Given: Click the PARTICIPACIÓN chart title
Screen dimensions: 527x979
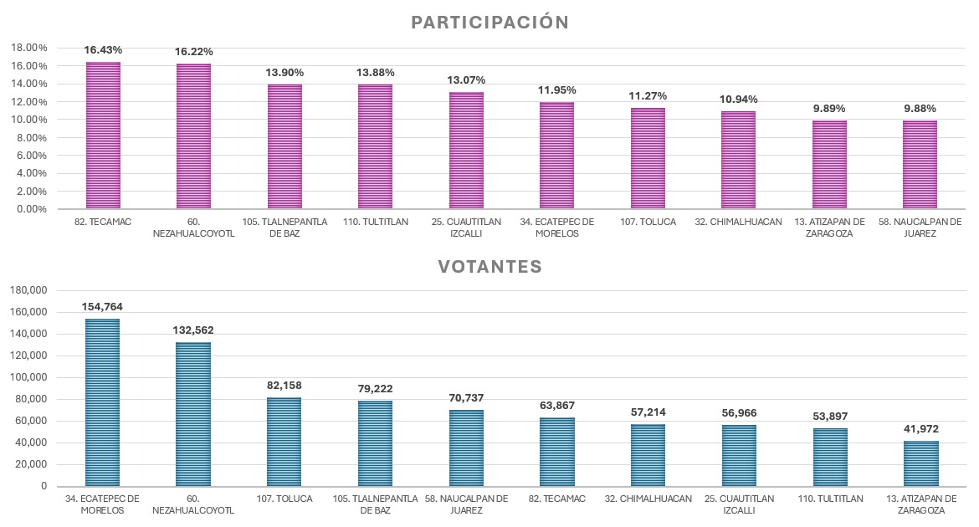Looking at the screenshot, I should tap(489, 23).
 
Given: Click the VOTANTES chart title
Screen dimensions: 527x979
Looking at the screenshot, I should tap(489, 267).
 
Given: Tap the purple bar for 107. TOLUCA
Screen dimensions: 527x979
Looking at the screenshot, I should tap(648, 158).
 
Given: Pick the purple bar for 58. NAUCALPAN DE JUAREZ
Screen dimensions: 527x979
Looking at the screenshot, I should tap(920, 165).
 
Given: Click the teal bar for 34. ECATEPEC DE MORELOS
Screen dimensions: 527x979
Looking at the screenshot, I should tap(103, 402).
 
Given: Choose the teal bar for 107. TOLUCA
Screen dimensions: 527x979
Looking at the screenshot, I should tap(284, 442).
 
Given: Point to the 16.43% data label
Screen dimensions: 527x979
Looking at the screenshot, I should tap(103, 50).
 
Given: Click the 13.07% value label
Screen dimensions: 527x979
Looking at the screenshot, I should tap(466, 80).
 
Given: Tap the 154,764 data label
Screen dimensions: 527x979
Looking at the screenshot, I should tap(103, 307).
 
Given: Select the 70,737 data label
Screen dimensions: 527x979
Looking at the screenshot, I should tap(466, 398).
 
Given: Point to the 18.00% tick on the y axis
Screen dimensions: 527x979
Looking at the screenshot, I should tap(29, 49).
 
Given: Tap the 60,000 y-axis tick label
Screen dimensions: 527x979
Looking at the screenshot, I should tap(32, 421).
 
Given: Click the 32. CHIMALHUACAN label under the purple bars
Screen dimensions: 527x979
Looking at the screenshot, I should tap(738, 223).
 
